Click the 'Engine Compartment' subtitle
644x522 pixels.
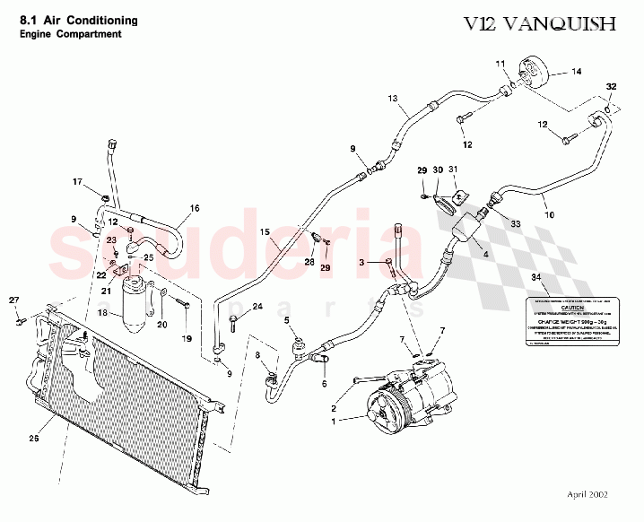coord(71,34)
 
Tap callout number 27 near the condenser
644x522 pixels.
coord(13,300)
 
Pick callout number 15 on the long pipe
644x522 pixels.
coord(265,232)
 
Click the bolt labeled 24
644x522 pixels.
coord(234,319)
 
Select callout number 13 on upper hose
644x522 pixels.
coord(392,98)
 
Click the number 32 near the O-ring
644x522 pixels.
coord(611,87)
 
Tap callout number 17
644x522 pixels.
coord(77,182)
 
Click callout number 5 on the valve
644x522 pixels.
coord(286,320)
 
